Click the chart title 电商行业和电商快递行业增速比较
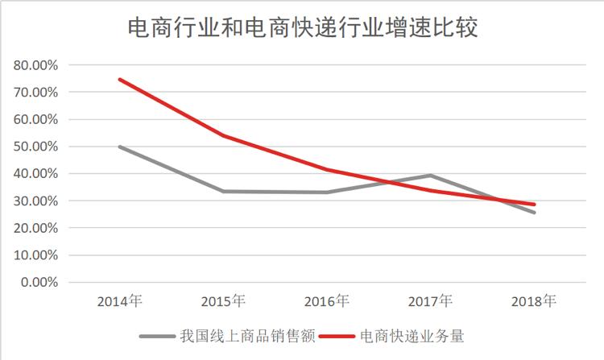click(303, 28)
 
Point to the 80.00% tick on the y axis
click(35, 65)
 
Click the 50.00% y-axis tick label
click(35, 147)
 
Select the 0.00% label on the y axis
click(38, 283)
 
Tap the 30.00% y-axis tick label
click(35, 201)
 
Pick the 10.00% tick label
click(35, 255)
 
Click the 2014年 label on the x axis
click(119, 301)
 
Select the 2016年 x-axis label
click(327, 301)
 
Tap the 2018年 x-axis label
click(534, 301)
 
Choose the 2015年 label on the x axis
click(223, 301)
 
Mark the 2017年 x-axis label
click(430, 301)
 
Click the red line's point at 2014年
click(119, 79)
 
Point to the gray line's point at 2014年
click(119, 147)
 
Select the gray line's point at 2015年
click(223, 191)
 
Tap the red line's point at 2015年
click(223, 135)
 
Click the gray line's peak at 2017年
click(430, 176)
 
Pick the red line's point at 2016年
click(327, 169)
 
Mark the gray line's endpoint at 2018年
click(534, 213)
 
